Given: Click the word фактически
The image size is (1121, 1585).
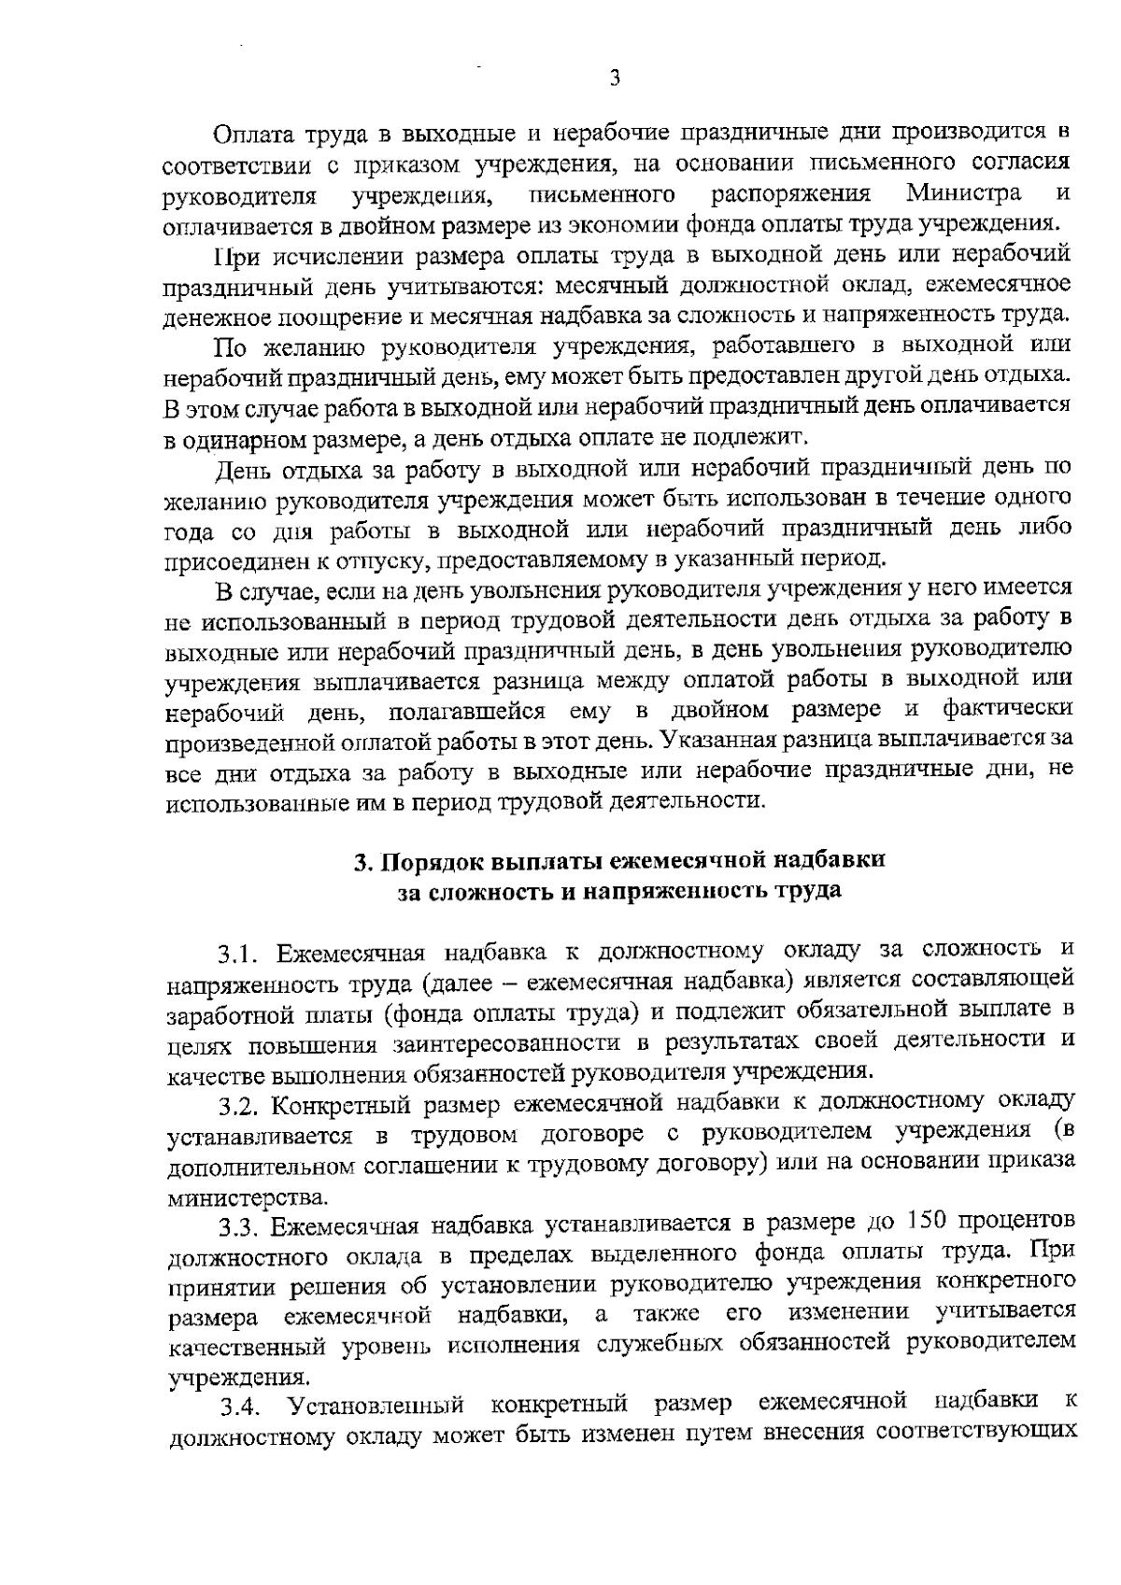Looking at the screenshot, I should click(1007, 709).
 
